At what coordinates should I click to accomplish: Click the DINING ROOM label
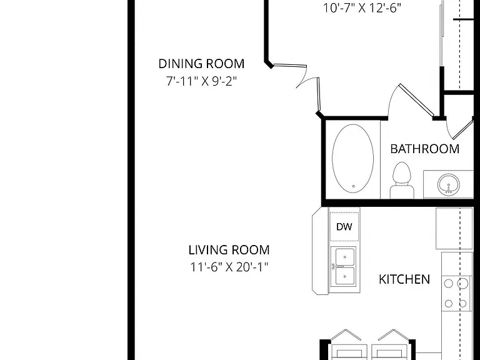click(201, 64)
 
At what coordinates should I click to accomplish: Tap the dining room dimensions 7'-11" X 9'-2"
click(201, 81)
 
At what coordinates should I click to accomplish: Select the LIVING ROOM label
click(229, 250)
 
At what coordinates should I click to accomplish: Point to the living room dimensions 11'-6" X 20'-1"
click(229, 267)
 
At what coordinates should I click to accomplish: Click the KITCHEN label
click(404, 279)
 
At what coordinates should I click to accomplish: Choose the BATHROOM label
click(425, 149)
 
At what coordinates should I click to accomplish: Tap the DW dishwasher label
click(344, 227)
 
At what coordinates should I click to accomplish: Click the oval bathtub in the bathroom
click(352, 159)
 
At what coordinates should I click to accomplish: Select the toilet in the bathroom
click(402, 180)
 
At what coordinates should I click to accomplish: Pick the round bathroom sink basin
click(449, 184)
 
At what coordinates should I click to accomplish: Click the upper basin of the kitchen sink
click(345, 256)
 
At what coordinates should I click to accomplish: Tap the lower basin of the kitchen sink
click(345, 276)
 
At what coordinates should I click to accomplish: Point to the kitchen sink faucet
click(335, 267)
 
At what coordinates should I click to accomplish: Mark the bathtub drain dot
click(354, 186)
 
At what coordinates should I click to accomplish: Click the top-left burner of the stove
click(449, 284)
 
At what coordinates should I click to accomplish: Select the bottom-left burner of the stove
click(449, 304)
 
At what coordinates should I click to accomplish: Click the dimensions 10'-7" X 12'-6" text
click(362, 8)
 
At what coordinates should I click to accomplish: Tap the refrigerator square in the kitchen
click(454, 228)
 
